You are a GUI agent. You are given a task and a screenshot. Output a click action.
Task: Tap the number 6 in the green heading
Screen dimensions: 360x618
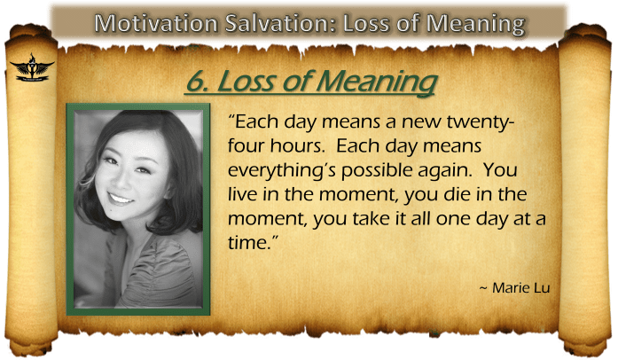click(x=194, y=82)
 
